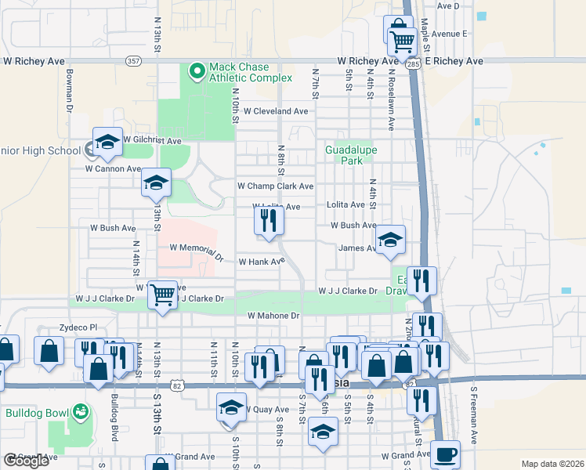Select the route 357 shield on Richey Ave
click(133, 60)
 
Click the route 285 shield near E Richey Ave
click(413, 66)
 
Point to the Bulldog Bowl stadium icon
click(78, 411)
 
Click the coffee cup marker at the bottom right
click(445, 454)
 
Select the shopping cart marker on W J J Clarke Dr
click(162, 295)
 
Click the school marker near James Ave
click(389, 240)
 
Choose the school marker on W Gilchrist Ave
click(107, 142)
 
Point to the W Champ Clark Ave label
click(275, 186)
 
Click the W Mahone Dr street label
click(273, 316)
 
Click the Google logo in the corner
click(26, 461)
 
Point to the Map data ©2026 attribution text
click(553, 464)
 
